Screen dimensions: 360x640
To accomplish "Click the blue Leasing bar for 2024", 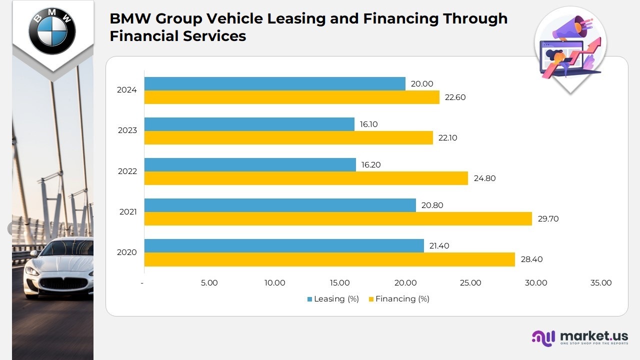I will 274,83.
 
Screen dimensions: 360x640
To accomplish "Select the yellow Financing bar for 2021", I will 338,218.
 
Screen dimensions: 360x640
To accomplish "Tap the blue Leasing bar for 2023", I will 249,124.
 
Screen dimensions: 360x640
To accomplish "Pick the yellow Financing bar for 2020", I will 329,259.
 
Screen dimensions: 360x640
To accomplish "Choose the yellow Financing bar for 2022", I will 306,178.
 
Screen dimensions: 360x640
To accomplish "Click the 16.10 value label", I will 368,124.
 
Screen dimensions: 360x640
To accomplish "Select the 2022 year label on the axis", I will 127,171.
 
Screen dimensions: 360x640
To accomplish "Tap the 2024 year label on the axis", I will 127,90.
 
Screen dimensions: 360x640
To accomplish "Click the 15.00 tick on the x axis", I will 340,283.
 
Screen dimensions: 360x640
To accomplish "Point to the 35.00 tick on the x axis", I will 601,283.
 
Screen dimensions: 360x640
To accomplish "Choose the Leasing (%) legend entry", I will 333,299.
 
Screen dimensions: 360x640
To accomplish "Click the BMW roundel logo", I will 52,31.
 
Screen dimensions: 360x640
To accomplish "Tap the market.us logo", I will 580,337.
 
